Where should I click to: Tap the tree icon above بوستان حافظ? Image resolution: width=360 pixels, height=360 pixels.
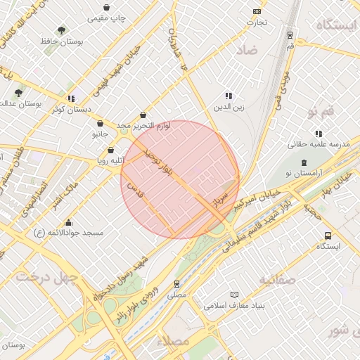63,30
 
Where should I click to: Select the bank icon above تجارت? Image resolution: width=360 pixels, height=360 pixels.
257,11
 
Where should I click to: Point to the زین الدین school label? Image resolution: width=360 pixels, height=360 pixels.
228,108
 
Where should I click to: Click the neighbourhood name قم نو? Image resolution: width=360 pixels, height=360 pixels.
321,112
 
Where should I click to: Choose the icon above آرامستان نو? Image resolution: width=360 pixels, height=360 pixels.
304,162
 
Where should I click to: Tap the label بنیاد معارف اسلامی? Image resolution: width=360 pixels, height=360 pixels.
234,306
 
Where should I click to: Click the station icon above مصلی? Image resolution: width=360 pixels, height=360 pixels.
176,284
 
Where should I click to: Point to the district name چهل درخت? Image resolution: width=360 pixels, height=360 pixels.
47,277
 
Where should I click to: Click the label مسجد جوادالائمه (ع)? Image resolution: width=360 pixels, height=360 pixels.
69,232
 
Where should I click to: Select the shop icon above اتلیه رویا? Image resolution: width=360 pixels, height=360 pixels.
110,150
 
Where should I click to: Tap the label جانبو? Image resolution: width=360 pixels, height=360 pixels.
100,133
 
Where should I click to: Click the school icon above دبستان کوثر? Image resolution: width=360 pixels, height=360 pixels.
70,98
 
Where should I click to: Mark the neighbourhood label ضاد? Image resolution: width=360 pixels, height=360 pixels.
247,51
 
